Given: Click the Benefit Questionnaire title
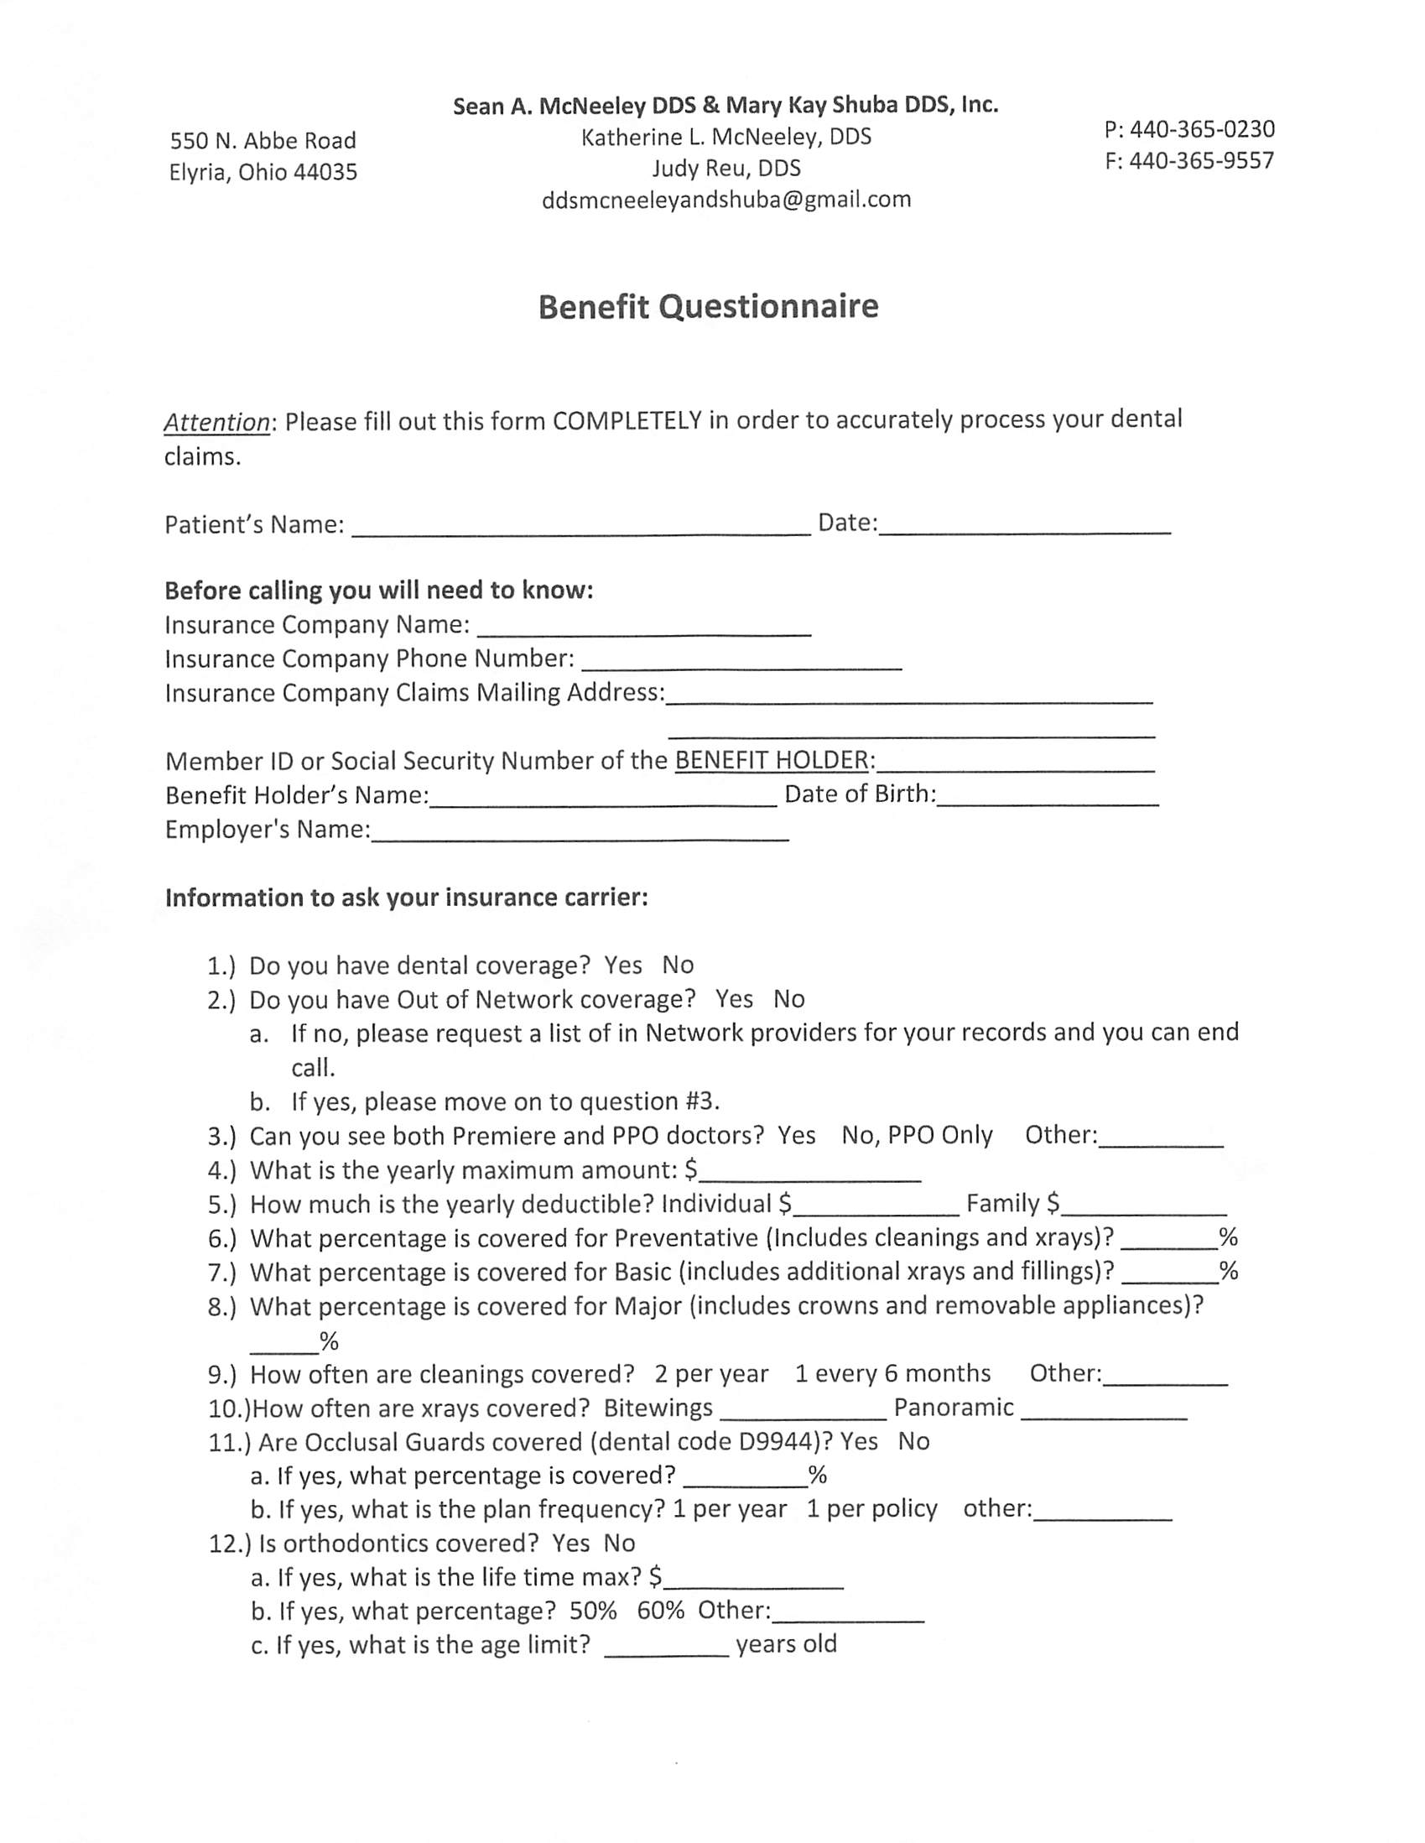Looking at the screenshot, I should point(708,306).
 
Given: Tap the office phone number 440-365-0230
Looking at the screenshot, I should point(1201,129).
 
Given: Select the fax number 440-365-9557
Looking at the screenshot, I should point(1201,160).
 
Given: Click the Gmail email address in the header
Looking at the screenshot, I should point(726,200).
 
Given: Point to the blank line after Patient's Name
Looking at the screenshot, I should point(580,528).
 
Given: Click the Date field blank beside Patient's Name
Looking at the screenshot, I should point(1024,526).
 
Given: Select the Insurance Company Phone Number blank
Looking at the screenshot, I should point(741,662).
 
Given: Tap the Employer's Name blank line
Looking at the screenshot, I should point(580,832).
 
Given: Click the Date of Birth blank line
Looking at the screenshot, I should point(1047,798).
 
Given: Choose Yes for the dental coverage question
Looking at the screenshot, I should point(622,966).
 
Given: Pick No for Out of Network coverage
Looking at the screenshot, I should point(789,999).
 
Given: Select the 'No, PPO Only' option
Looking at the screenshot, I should point(916,1135).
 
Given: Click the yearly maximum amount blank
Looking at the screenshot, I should point(810,1172).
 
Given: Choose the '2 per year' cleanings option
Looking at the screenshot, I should point(710,1375).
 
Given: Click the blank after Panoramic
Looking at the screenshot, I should point(1104,1410).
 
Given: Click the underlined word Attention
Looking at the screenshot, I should point(217,421).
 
